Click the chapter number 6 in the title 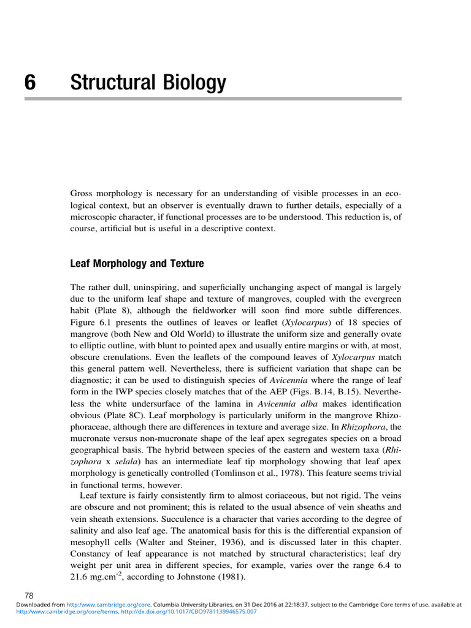pos(30,83)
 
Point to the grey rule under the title pos(235,98)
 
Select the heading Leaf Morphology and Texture pos(137,264)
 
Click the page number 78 pos(29,595)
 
